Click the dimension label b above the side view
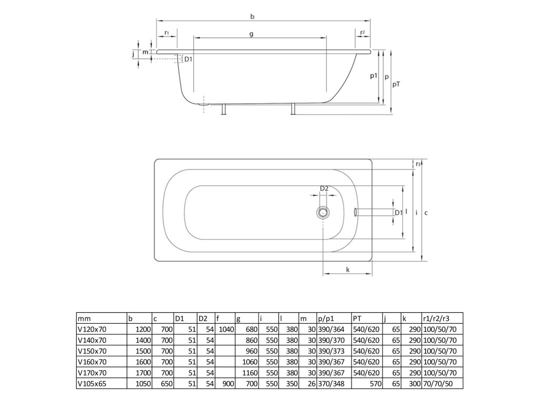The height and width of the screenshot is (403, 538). (252, 17)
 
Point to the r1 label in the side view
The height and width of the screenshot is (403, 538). (166, 33)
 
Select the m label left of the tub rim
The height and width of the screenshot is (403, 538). (145, 52)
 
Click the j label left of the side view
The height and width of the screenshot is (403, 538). (133, 54)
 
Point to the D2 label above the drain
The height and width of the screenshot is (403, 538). (324, 188)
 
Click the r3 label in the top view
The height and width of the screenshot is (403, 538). (418, 164)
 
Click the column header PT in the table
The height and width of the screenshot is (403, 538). (357, 318)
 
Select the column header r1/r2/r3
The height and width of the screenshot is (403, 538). (436, 318)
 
